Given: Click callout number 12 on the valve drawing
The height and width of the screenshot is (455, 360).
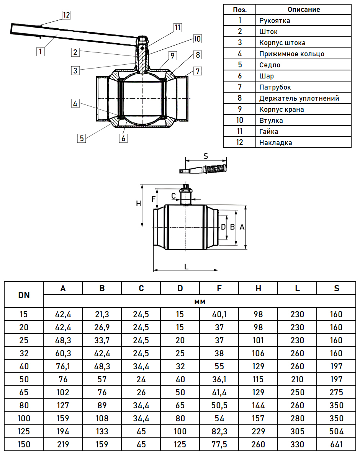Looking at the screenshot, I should [x=66, y=15].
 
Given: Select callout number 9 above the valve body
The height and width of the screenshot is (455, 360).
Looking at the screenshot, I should [x=172, y=56].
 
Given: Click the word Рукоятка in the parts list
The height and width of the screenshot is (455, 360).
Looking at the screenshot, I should [x=275, y=21].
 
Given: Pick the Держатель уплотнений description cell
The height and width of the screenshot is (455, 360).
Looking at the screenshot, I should [x=299, y=98].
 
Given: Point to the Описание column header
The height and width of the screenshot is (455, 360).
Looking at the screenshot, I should [x=303, y=10].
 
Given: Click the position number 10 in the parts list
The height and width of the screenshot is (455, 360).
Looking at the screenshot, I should [x=240, y=121].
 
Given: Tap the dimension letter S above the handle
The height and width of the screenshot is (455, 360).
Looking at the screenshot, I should [x=205, y=156].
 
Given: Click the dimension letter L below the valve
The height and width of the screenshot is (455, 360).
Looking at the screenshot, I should [x=186, y=267].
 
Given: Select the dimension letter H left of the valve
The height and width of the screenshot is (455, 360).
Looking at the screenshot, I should [x=139, y=204].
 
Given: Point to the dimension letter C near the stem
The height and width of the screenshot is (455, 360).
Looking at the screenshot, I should [x=173, y=196].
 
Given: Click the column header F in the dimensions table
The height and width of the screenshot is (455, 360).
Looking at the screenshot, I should [x=219, y=289].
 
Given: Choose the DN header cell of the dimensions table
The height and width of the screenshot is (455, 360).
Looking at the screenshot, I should [x=24, y=295].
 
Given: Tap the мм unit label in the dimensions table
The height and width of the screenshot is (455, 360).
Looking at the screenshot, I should [x=200, y=302].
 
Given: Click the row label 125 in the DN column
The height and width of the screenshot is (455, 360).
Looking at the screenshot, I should [x=24, y=432].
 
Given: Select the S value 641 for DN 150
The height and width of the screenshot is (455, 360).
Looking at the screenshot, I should [x=336, y=445].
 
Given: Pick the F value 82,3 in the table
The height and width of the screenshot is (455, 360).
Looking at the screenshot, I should [x=219, y=432].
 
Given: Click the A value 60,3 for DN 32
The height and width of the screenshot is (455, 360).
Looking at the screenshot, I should [x=63, y=354].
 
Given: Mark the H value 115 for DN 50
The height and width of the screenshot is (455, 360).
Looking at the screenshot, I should [x=258, y=380].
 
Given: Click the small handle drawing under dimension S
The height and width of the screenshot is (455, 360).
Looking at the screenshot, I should [x=205, y=169].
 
